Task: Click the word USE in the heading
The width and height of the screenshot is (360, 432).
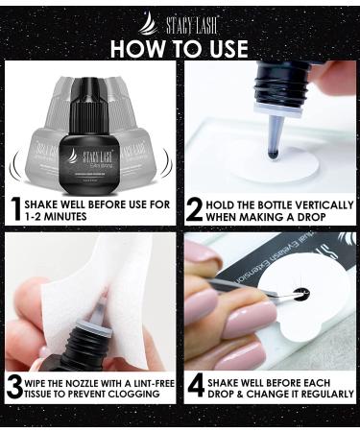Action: point(222,47)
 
